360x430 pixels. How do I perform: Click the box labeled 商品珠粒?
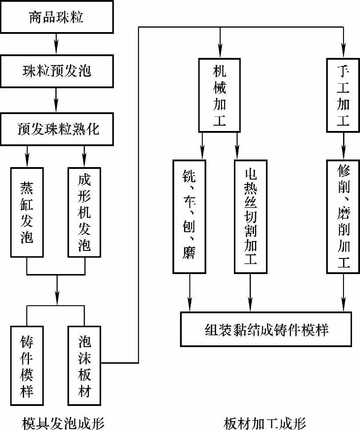(56, 18)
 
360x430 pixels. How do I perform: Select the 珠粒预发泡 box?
(56, 70)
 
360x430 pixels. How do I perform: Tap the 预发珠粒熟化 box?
(56, 129)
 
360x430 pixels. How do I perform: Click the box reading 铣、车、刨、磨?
(189, 216)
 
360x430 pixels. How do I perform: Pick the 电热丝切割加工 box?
(250, 216)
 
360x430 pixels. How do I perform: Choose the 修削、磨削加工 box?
(343, 216)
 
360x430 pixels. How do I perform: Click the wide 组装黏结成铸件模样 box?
(267, 329)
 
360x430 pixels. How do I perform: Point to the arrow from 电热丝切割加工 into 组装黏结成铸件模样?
(250, 292)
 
